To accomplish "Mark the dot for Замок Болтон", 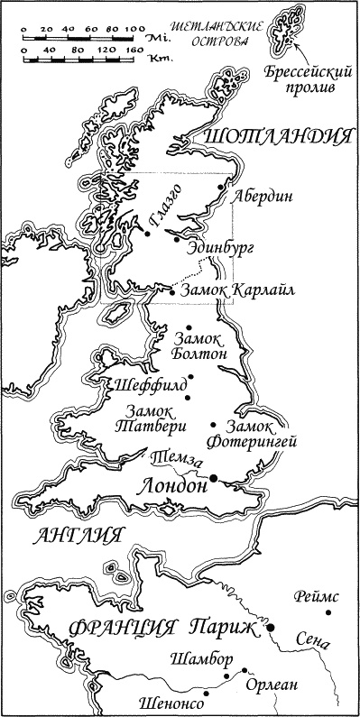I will click(x=189, y=327).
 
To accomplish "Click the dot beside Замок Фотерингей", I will click(x=213, y=425).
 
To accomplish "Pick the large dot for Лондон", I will click(x=214, y=477).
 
